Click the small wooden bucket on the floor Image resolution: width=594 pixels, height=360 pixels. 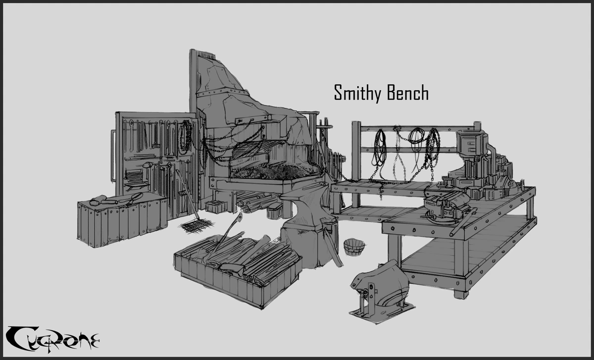pyautogui.click(x=354, y=245)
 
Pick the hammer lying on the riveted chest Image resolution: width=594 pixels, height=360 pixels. pyautogui.click(x=101, y=200)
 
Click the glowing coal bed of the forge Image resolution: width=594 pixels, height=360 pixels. pyautogui.click(x=275, y=171)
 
